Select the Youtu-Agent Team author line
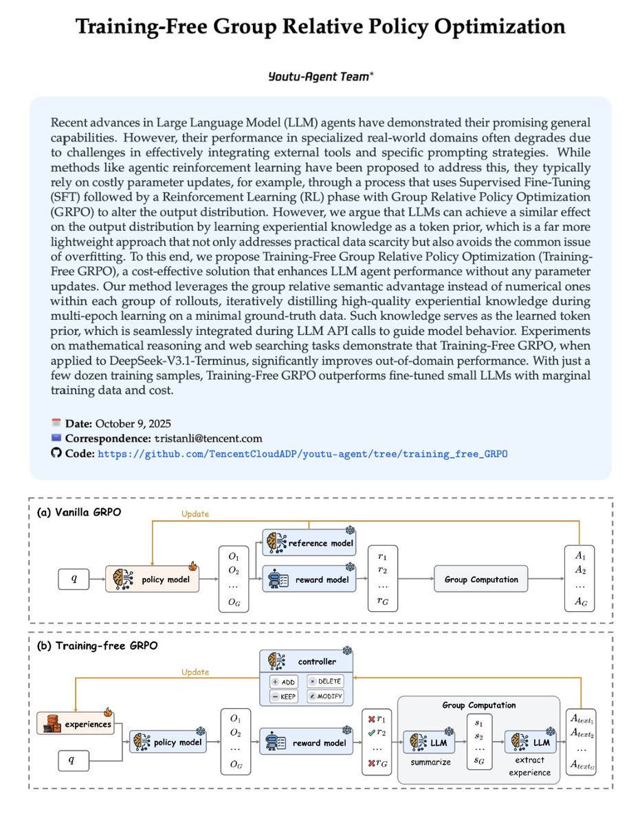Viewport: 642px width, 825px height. [320, 76]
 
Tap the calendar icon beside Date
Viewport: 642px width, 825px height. [56, 423]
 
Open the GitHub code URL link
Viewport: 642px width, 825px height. [303, 454]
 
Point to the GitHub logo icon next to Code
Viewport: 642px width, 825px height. [56, 454]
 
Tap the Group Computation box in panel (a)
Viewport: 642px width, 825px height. [481, 580]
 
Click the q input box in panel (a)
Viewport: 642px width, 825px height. [74, 580]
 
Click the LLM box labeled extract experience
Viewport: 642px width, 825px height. [531, 742]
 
